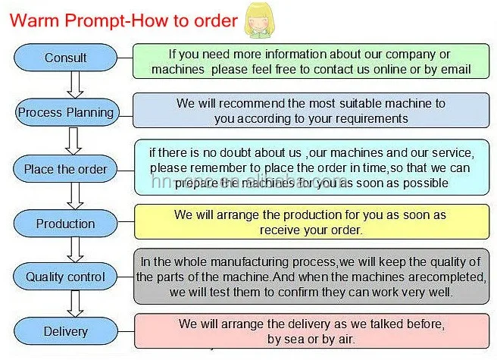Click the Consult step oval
[x=66, y=58]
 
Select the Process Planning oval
[x=66, y=113]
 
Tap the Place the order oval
[x=66, y=168]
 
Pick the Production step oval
[x=66, y=224]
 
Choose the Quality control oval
[x=66, y=277]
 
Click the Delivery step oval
[x=66, y=331]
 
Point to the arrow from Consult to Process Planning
[x=74, y=85]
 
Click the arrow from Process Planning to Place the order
[x=74, y=140]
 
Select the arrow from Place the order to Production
[x=74, y=196]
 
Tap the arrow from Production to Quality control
[x=74, y=250]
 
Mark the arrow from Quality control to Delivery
[x=74, y=304]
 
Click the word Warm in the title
[x=35, y=20]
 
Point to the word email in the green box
[x=455, y=70]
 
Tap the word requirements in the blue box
[x=370, y=118]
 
